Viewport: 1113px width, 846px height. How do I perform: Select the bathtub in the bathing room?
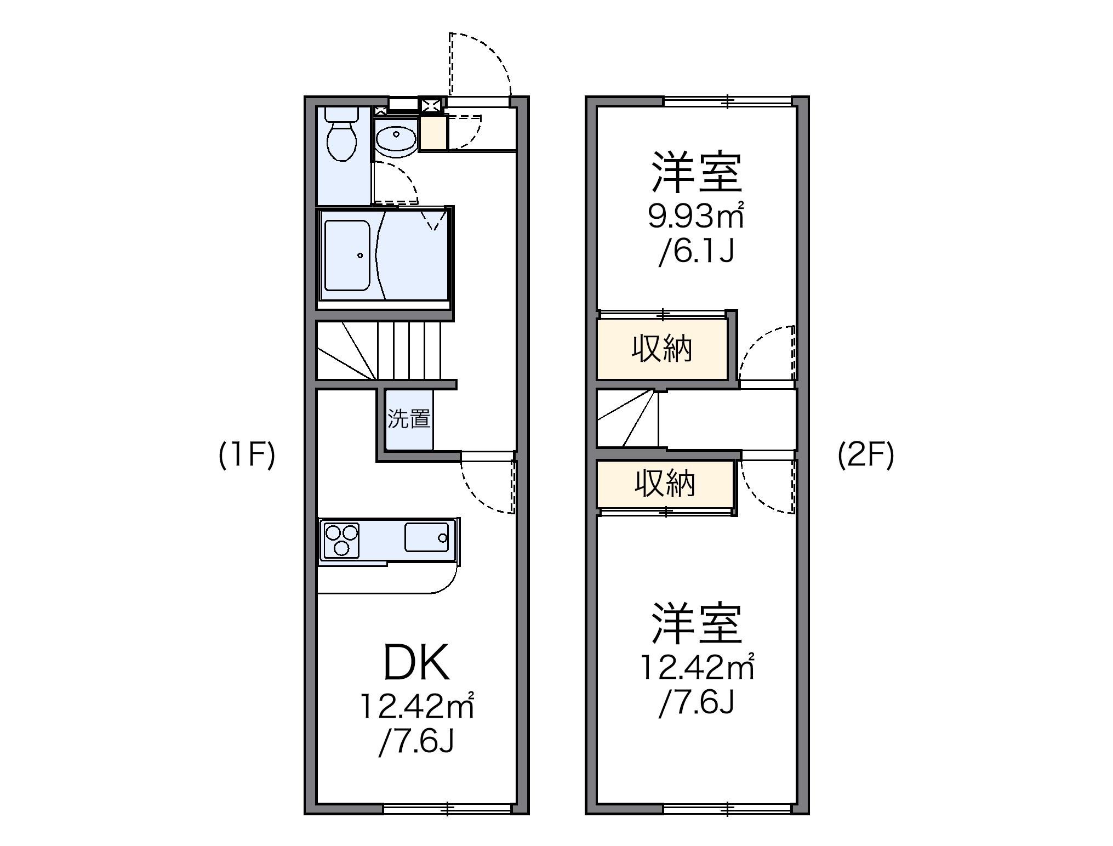(x=347, y=255)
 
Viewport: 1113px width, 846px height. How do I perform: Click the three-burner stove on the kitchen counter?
(x=341, y=541)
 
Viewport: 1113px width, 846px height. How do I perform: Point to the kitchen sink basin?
(x=426, y=537)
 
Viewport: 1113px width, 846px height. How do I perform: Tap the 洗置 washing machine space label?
(x=409, y=419)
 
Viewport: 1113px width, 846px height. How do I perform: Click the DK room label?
(x=416, y=662)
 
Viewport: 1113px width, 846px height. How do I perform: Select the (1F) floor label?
(x=247, y=455)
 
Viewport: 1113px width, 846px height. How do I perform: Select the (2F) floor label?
(x=866, y=455)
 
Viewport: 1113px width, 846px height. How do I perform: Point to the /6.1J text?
(x=696, y=252)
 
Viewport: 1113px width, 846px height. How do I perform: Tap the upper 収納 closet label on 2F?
(x=662, y=349)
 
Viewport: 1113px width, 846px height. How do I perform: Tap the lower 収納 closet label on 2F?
(x=665, y=484)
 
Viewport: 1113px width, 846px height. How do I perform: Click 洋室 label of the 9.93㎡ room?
(x=697, y=173)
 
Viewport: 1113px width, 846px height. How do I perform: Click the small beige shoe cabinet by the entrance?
(x=433, y=133)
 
